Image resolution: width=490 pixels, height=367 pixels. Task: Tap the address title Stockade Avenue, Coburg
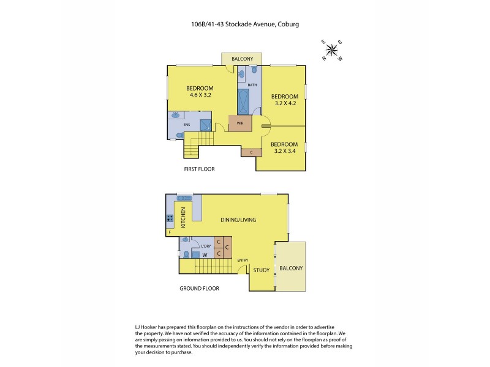point(244,24)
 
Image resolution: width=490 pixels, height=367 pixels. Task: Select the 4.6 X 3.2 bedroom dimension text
point(200,95)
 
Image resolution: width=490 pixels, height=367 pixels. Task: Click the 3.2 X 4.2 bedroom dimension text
point(284,103)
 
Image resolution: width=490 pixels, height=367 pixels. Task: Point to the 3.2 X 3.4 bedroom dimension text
point(284,149)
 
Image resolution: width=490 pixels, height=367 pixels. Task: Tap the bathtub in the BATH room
point(243,100)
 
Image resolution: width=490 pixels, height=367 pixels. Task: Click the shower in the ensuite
point(205,125)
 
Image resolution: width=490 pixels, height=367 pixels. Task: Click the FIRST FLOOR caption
point(200,168)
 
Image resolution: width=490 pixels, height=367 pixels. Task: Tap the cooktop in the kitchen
point(169,218)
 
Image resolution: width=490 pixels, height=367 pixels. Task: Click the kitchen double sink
point(184,197)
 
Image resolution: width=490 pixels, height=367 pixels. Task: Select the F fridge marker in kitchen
point(169,232)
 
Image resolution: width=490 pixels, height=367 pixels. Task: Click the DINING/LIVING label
point(238,220)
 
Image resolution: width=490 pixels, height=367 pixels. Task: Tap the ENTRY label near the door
point(243,259)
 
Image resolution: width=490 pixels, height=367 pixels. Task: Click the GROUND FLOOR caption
point(199,288)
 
